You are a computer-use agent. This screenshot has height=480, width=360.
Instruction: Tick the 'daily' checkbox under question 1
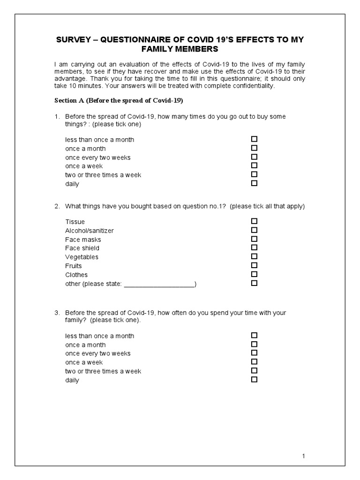255,183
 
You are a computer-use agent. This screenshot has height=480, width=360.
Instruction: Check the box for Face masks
255,239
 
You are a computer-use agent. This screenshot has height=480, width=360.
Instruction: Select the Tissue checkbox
255,221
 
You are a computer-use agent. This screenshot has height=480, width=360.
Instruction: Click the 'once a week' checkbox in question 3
255,361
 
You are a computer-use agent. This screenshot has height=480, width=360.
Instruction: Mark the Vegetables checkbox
255,256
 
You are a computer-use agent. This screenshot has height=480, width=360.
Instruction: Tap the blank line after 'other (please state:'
159,284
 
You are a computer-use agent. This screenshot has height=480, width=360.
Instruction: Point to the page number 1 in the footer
304,456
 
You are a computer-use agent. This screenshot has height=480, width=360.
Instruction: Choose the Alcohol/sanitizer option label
89,231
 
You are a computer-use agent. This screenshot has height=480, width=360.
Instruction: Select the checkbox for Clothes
255,274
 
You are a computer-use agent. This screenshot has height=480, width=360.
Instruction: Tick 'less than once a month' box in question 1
255,139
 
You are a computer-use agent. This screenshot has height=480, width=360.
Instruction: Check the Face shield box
255,247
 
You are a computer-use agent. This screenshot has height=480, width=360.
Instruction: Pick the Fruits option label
74,266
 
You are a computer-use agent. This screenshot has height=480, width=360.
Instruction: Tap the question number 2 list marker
57,206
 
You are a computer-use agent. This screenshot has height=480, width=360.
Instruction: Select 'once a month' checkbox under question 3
255,344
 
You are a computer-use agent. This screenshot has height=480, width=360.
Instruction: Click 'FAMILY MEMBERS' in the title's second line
180,50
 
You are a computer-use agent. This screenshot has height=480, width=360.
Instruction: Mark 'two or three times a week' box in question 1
255,174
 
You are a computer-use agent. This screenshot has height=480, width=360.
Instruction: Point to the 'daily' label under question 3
72,380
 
